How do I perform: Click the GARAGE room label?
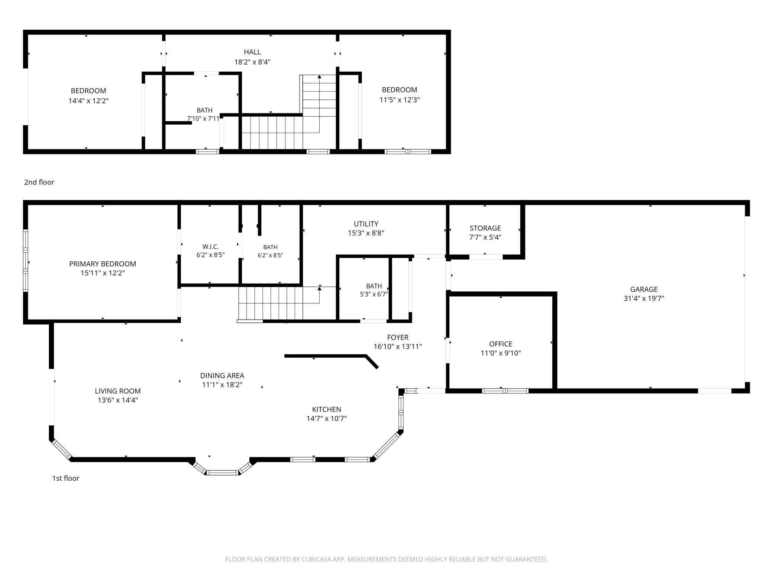(x=644, y=289)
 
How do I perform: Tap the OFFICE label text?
(x=501, y=344)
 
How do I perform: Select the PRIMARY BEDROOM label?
(x=103, y=264)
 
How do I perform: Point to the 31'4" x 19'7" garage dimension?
(x=644, y=298)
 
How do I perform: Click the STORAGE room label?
(x=485, y=228)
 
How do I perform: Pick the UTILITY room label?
(x=366, y=224)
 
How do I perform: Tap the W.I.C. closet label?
(x=210, y=247)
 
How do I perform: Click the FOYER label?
(x=398, y=337)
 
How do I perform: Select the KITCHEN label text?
(x=326, y=409)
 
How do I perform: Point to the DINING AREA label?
(x=222, y=376)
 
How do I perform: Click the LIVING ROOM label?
(x=117, y=391)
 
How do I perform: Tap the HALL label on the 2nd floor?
(x=252, y=52)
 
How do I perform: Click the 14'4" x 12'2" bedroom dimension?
(x=88, y=101)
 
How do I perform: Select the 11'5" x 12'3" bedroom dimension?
(x=400, y=100)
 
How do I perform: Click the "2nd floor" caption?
(x=39, y=182)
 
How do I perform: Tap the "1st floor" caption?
(x=66, y=478)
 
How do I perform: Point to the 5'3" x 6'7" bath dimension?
(x=374, y=295)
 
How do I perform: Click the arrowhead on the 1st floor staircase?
(x=320, y=288)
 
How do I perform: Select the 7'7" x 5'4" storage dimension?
(x=485, y=238)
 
